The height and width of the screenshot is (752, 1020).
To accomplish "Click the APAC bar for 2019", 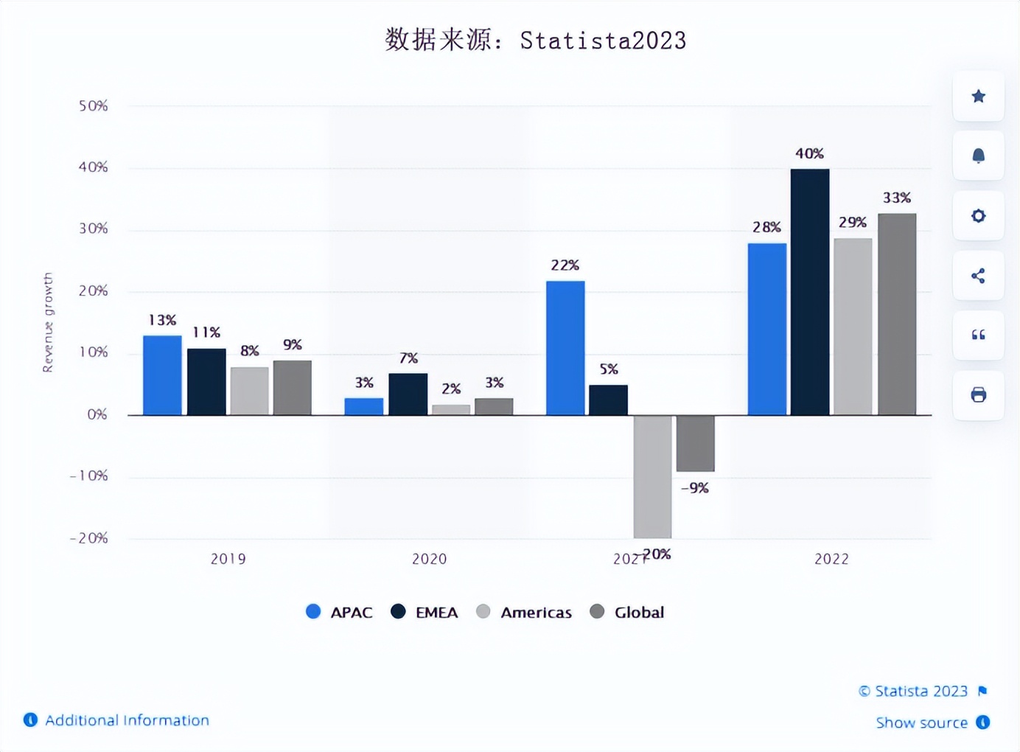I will pos(162,375).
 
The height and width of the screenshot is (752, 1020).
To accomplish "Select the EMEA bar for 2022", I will pos(810,292).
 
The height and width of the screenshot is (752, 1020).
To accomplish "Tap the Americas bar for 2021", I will pos(652,476).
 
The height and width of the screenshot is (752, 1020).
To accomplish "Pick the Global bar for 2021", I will pos(695,443).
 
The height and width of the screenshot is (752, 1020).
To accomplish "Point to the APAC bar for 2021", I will pos(565,348).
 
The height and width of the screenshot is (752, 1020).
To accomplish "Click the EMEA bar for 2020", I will pos(408,394).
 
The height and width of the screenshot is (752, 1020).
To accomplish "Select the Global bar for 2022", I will pos(897,314).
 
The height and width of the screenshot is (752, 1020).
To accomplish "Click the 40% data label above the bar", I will pos(809,153).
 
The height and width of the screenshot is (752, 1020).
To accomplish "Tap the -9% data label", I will pos(694,488).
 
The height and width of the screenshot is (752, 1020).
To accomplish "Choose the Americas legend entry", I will pos(525,612).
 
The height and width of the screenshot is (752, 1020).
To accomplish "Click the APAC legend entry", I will pos(340,612).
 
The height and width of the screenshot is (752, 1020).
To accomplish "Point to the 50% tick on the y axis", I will pos(94,106).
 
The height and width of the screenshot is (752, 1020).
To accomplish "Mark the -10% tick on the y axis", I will pos(89,476).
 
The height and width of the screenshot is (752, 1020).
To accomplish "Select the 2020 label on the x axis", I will pos(429,559).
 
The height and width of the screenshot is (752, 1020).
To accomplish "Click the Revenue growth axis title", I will pos(48,322).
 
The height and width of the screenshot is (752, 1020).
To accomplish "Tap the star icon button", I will pos(978,97).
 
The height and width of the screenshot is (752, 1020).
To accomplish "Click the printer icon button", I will pos(978,395).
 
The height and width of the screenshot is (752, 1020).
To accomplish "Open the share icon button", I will pos(978,276).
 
